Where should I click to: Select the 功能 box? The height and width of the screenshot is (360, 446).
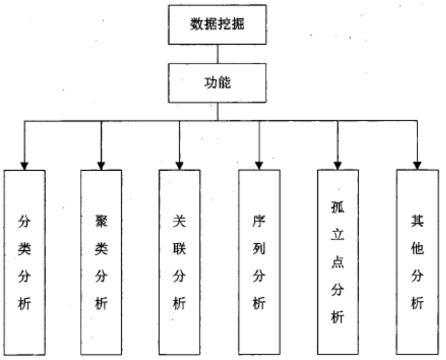click(218, 83)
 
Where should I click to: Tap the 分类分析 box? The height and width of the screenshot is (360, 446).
click(24, 262)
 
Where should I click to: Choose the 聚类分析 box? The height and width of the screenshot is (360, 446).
click(101, 262)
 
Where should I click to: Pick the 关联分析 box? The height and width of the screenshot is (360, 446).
click(180, 262)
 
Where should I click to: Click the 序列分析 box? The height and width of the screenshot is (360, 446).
click(258, 262)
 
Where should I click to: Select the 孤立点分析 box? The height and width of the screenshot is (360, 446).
click(338, 262)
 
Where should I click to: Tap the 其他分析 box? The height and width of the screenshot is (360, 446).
click(417, 262)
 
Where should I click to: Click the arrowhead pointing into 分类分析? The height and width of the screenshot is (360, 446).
click(24, 165)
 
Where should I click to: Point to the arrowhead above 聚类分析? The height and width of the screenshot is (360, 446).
click(101, 165)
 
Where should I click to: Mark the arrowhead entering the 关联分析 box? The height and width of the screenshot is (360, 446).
click(180, 165)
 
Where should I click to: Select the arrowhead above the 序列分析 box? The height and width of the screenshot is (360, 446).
click(258, 165)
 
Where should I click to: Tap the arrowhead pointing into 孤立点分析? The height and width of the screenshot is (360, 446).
click(338, 165)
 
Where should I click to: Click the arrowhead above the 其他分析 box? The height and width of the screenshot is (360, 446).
click(417, 165)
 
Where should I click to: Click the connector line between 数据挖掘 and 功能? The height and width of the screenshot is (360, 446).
click(218, 54)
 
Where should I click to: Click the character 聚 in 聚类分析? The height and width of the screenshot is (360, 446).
click(101, 220)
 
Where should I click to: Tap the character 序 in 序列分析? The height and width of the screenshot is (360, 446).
click(258, 220)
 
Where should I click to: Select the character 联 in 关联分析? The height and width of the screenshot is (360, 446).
click(180, 248)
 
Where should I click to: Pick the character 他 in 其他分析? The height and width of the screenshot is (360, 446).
click(417, 248)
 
